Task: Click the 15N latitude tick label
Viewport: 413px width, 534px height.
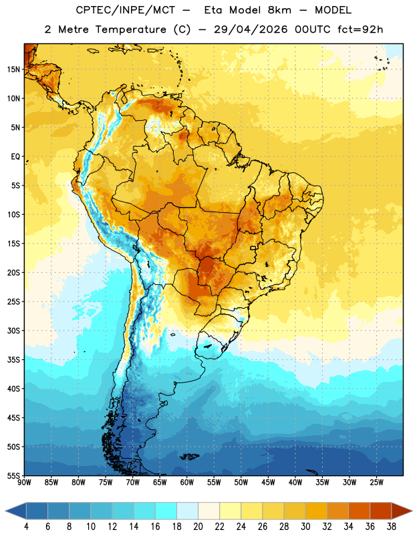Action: pos(13,69)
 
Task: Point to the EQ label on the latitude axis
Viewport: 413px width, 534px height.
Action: pos(15,157)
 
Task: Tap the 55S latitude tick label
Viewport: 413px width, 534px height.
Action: pos(13,475)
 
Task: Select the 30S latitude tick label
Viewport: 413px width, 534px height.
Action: pos(13,330)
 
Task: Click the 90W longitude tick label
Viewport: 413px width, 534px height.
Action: pos(25,482)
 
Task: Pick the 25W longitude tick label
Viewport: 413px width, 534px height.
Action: pos(376,482)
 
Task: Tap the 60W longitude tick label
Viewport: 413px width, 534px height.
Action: pos(187,482)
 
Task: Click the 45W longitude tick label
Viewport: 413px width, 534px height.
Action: pos(269,482)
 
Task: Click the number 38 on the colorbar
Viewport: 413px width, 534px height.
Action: pos(392,527)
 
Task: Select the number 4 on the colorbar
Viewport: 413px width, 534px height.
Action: pos(26,527)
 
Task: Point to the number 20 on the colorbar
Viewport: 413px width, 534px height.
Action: pos(198,527)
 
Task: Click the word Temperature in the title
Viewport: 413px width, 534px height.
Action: pos(130,29)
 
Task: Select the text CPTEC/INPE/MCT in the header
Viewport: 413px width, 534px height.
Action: pos(125,10)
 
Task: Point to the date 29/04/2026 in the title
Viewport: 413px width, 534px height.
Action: pos(251,29)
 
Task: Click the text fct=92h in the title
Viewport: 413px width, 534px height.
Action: pos(360,29)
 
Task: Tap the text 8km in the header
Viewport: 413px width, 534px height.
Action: pos(279,10)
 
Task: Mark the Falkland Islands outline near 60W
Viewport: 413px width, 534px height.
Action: pos(189,457)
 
